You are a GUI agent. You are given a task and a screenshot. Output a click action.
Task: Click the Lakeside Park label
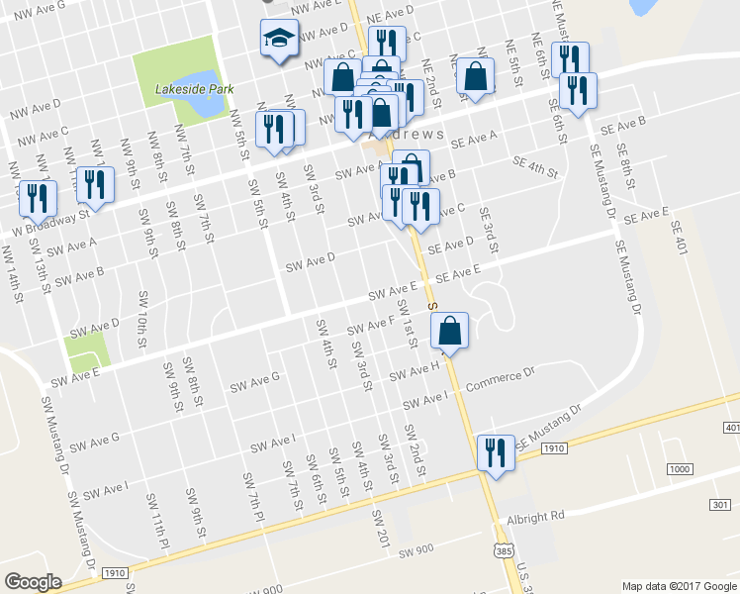(194, 89)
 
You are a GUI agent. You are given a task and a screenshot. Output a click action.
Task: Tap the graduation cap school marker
(279, 40)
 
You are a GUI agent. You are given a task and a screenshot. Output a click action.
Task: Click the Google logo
(33, 582)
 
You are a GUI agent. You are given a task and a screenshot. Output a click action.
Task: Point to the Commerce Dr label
(500, 380)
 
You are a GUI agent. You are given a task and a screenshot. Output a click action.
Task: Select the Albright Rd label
(535, 516)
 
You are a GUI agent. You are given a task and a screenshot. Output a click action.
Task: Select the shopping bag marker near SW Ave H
(449, 332)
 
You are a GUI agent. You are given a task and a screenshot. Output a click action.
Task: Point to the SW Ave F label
(370, 324)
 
